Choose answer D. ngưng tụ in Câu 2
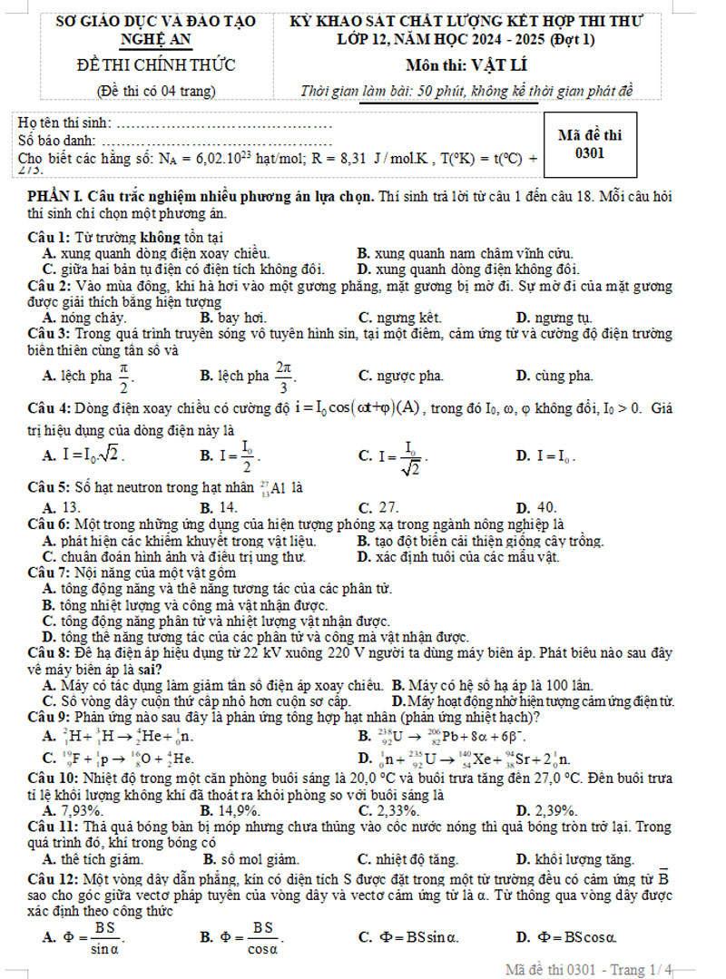(554, 318)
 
